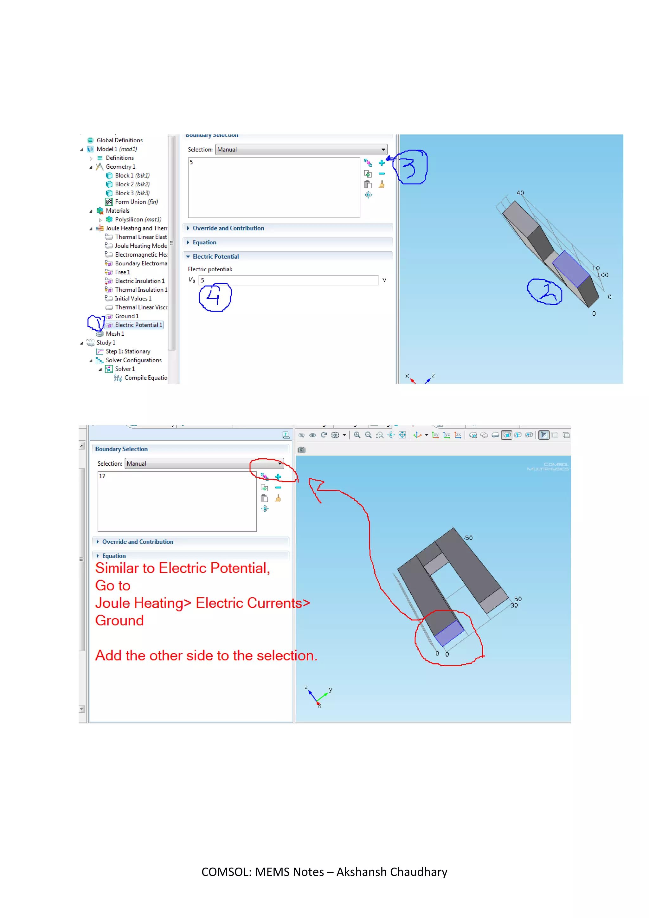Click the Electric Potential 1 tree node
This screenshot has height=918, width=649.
138,325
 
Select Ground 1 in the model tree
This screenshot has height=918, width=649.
127,316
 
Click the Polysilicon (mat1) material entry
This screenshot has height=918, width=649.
138,219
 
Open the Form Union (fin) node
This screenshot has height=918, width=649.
136,202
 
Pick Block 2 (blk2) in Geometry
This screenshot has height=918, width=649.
132,184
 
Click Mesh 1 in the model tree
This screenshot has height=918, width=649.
115,334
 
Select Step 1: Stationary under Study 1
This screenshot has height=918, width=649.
128,352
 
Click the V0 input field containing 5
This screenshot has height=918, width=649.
288,280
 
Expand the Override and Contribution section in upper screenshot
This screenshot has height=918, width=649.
228,228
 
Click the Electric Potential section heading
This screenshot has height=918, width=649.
215,257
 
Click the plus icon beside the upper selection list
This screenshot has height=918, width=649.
382,163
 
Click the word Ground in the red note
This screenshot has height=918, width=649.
119,621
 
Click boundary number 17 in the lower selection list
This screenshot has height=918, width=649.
102,476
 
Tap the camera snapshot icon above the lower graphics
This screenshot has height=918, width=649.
302,450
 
